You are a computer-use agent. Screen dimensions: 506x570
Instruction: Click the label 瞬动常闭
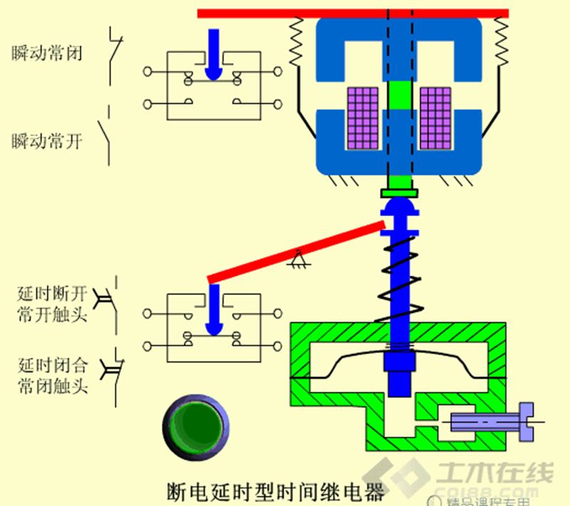46,53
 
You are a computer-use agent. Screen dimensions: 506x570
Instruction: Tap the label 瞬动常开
46,141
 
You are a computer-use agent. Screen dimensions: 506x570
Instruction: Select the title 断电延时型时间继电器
274,491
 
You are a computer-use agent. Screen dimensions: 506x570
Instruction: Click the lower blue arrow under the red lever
213,310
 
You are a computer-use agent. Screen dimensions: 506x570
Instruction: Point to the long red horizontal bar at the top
353,13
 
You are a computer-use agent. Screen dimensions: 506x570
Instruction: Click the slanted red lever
296,252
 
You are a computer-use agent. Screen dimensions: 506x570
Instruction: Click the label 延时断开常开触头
53,303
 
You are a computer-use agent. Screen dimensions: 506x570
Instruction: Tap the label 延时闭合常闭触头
53,376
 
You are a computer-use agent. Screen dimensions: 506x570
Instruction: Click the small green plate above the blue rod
398,192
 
